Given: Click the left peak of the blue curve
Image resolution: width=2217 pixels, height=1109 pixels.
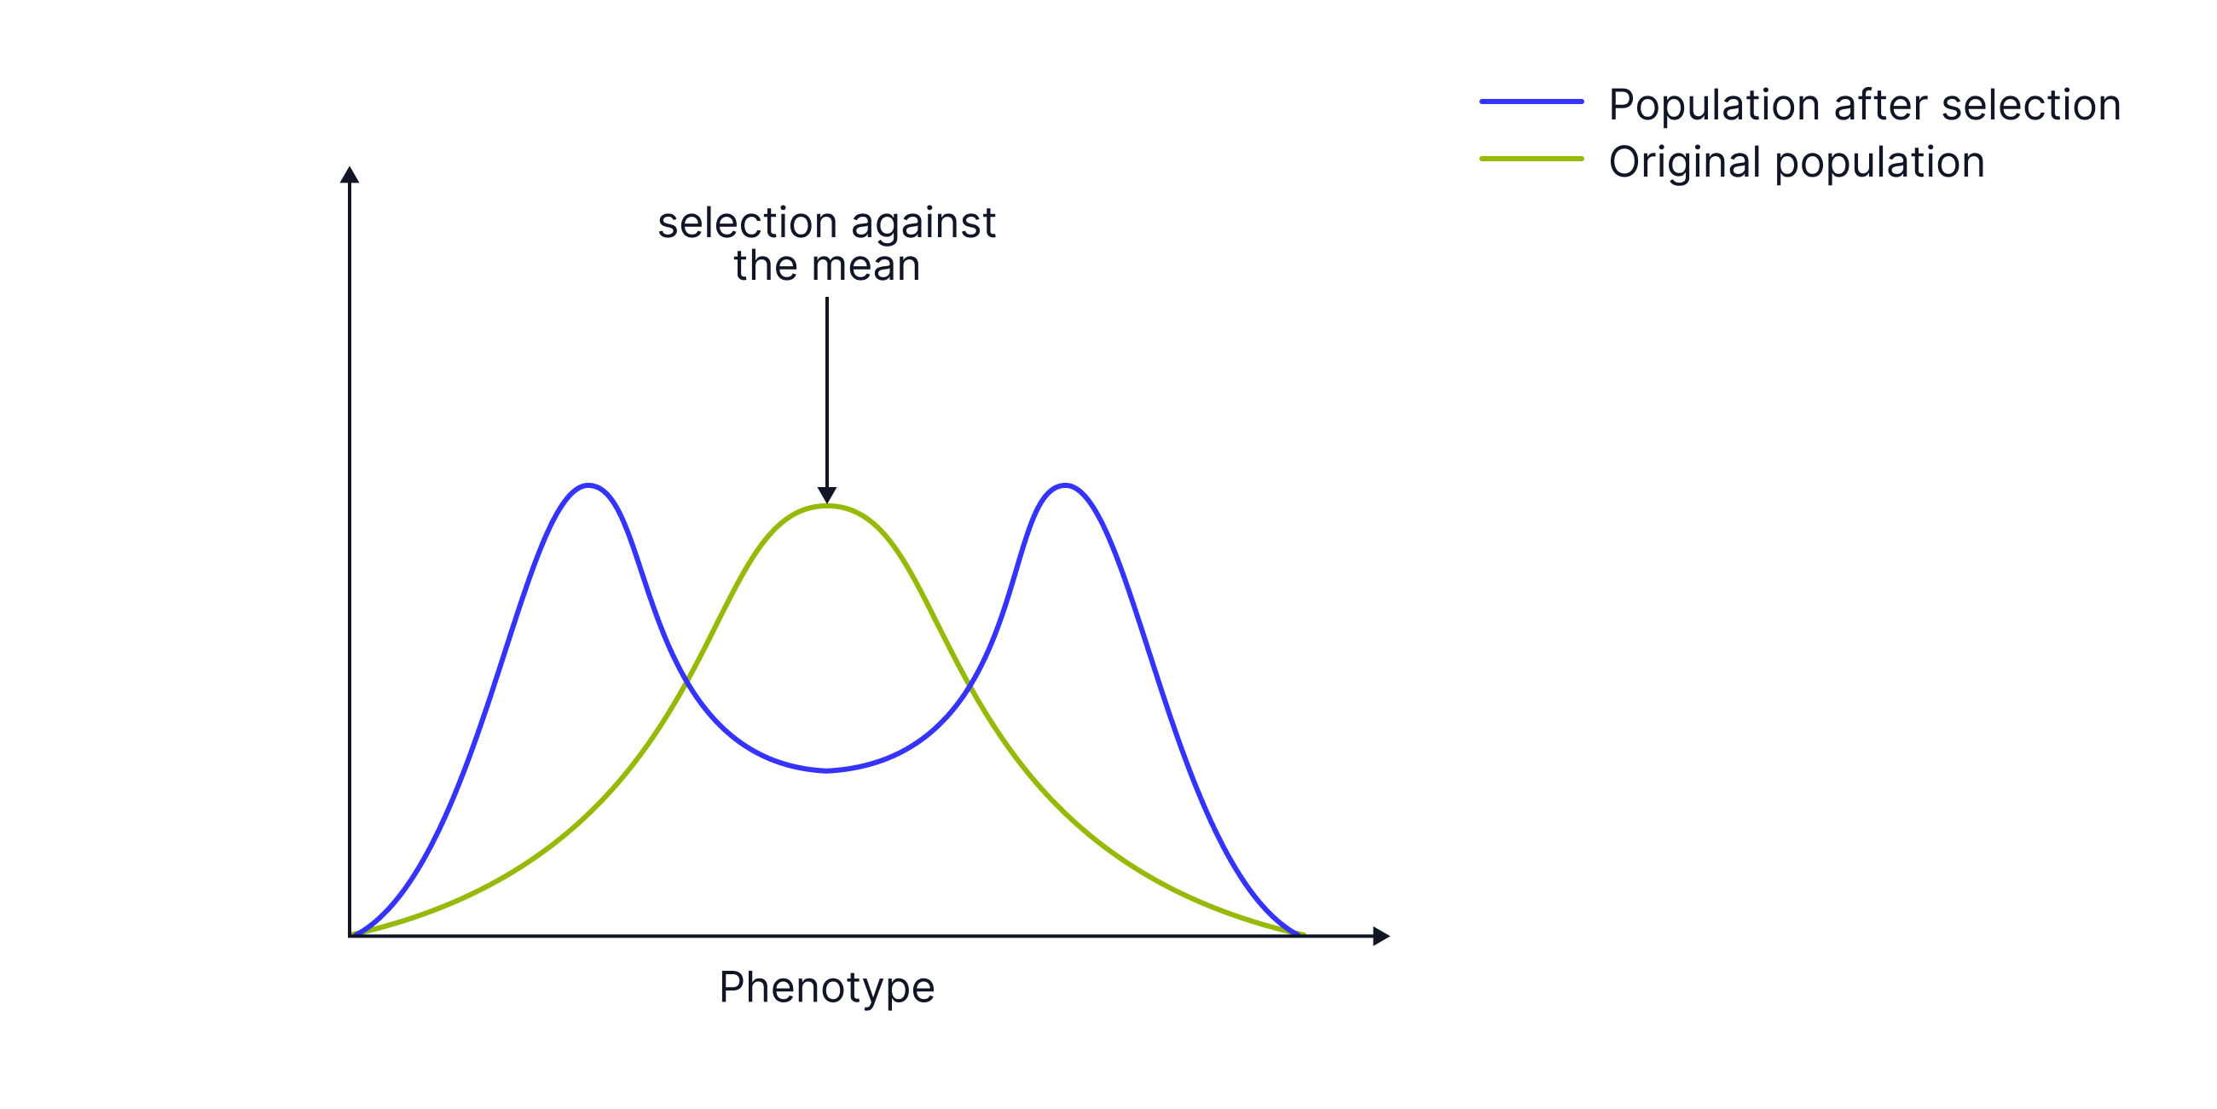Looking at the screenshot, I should coord(588,485).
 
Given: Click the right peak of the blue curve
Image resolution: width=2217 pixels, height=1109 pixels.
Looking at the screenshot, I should coord(1066,485).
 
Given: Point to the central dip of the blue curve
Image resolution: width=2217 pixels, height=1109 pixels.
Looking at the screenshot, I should coord(826,769).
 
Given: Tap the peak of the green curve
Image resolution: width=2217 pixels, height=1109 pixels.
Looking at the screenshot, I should coord(826,507).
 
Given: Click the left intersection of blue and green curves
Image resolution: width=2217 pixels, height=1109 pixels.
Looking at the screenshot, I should coord(686,682).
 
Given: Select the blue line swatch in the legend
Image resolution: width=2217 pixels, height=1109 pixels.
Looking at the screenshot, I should coord(1531,102).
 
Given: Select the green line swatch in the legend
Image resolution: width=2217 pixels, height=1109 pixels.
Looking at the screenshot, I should coord(1531,159).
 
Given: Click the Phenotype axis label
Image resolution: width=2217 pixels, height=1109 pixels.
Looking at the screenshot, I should coord(826,987).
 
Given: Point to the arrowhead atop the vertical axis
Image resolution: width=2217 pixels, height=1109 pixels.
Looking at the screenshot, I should coord(349,174).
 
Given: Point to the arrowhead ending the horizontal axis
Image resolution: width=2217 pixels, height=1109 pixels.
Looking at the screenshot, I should coord(1381,936).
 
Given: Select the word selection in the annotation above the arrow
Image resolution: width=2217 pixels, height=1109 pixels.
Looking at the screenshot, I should coord(747,223).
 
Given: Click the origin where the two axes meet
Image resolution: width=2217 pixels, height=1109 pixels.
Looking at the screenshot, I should coord(350,936).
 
